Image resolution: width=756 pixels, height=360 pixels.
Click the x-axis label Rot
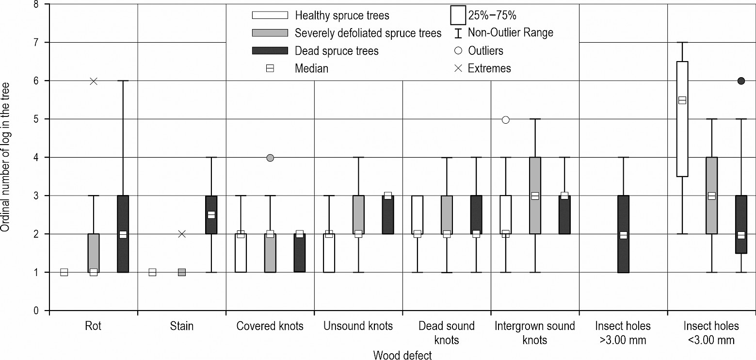point(93,326)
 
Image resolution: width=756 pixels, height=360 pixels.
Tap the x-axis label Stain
point(182,326)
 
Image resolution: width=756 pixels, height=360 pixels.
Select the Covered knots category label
point(270,326)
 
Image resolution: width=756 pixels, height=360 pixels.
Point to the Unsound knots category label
point(358,326)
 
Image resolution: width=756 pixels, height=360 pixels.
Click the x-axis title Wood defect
point(402,355)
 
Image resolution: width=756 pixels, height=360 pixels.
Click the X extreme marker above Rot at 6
point(94,81)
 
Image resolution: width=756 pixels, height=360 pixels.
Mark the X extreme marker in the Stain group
point(182,234)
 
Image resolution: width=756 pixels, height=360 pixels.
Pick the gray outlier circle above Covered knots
point(270,158)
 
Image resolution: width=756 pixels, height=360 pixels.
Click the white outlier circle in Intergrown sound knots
point(505,120)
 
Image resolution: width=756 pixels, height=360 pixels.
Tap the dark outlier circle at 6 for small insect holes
point(741,81)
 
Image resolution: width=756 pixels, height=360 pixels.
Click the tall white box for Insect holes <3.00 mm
point(682,119)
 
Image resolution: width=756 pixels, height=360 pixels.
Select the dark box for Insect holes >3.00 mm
point(623,234)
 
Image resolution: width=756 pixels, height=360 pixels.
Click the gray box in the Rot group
point(94,253)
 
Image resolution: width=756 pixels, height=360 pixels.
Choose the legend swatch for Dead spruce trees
point(270,51)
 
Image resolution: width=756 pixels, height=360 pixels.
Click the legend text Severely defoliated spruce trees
point(368,33)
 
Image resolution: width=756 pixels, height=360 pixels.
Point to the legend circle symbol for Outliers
point(458,50)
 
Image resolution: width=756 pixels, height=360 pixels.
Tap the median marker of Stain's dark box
point(211,215)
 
